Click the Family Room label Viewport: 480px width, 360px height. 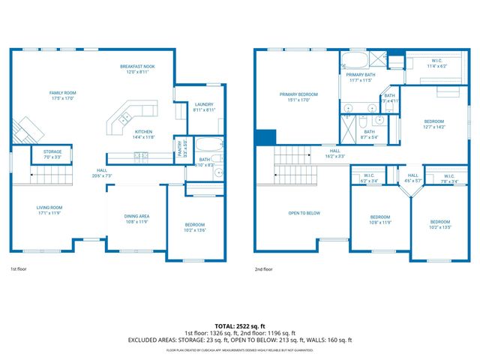[x=63, y=95]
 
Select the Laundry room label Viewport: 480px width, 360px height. [x=204, y=106]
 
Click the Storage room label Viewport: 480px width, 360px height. [x=52, y=154]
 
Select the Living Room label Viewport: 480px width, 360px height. [x=49, y=209]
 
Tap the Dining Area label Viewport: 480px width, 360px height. [x=136, y=219]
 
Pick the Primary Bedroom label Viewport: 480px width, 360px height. [x=298, y=97]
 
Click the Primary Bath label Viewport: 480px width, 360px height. [x=360, y=77]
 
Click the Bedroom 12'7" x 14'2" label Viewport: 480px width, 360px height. [x=434, y=124]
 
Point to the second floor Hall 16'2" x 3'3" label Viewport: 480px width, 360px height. [x=334, y=153]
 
